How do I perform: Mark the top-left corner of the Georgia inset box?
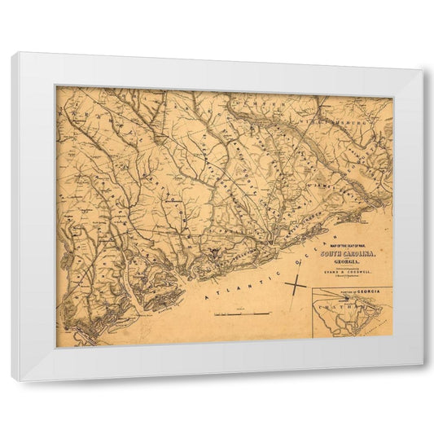314,287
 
